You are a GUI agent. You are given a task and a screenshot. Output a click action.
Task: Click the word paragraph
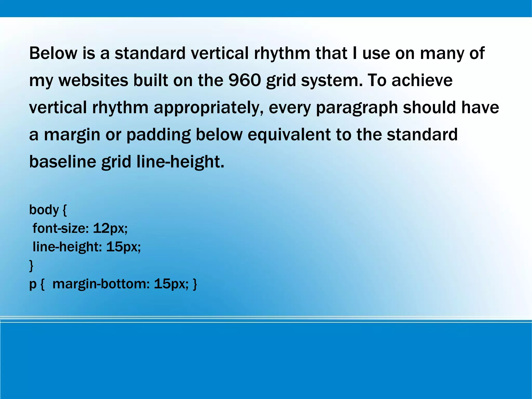(357, 108)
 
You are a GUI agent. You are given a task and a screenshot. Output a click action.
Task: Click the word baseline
(63, 162)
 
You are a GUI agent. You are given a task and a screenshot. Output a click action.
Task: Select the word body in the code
(44, 210)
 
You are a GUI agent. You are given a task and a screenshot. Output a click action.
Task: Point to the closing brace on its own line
(31, 266)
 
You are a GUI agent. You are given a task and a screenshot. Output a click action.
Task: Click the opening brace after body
(65, 210)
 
